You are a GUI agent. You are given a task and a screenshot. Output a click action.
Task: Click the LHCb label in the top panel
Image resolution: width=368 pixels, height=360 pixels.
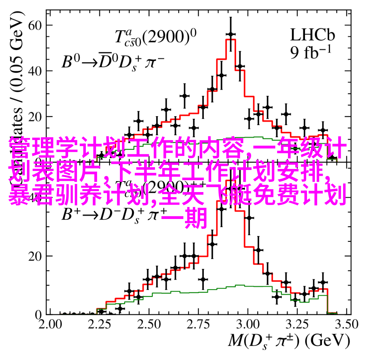point(312,35)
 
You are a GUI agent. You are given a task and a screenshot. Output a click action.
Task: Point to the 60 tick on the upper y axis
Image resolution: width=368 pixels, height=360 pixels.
point(35,25)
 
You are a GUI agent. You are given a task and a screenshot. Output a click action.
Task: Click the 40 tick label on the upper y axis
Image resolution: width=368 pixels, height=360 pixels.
point(35,71)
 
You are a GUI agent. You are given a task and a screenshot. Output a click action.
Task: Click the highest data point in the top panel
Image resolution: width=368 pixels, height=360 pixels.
point(231,34)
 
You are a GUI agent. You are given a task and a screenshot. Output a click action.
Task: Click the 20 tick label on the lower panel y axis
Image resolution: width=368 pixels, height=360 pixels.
point(35,256)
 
